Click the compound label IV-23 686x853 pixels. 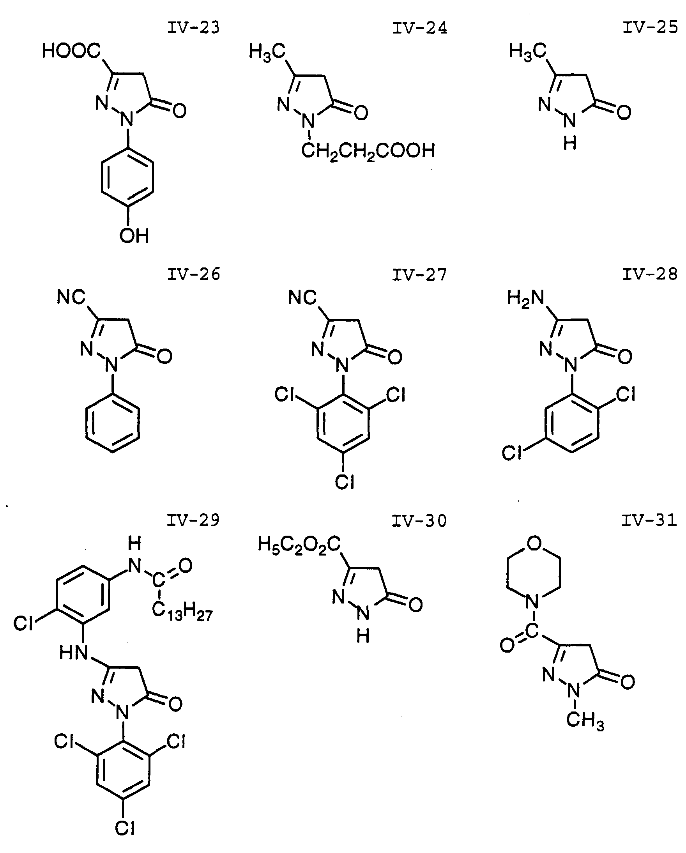click(x=193, y=28)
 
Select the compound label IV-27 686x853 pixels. click(x=419, y=275)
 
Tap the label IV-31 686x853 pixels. click(x=649, y=521)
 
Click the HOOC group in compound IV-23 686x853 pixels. click(x=71, y=51)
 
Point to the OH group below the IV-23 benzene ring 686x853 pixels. click(x=134, y=236)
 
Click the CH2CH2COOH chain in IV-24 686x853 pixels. click(x=368, y=151)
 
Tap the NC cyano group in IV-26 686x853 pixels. click(x=71, y=297)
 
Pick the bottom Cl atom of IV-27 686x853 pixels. click(x=344, y=482)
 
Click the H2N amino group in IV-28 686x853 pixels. click(x=526, y=298)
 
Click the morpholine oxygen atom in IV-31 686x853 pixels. click(x=534, y=543)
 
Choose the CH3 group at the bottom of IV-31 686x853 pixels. click(x=585, y=720)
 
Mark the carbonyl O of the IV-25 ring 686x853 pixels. click(x=624, y=112)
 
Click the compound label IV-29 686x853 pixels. click(x=193, y=521)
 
